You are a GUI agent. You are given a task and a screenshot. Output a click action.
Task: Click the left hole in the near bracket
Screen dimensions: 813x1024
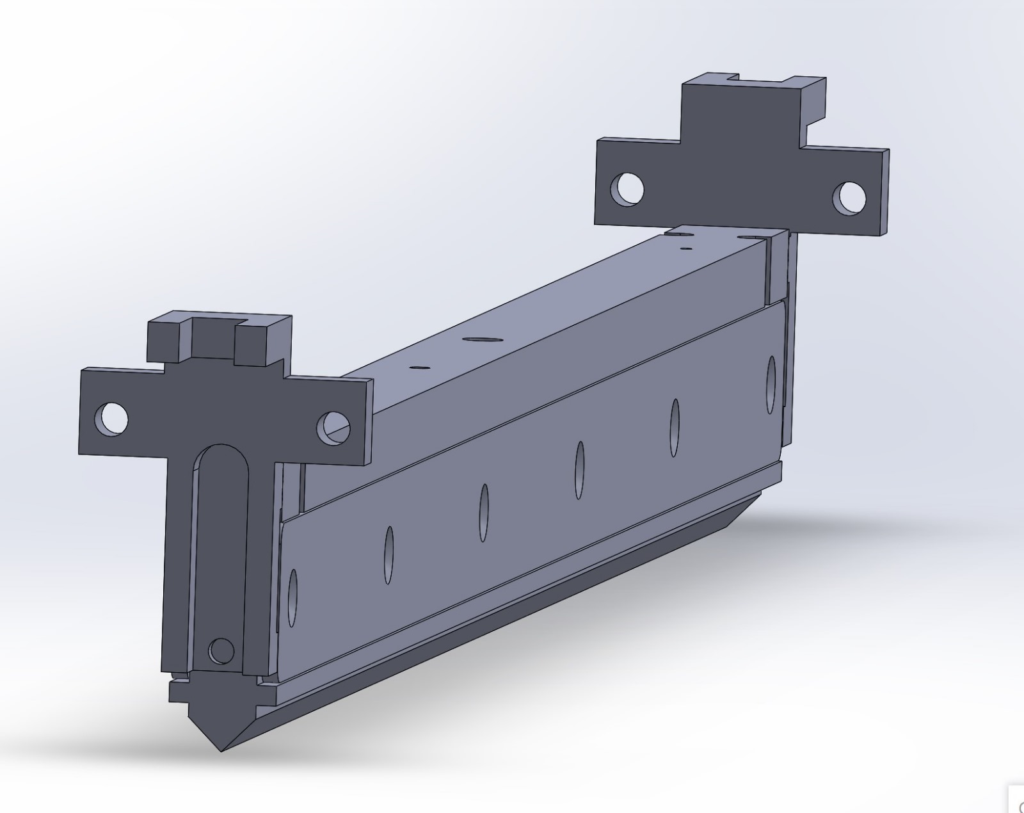(x=111, y=419)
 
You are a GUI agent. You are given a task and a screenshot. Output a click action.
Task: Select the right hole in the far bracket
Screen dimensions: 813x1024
(x=849, y=197)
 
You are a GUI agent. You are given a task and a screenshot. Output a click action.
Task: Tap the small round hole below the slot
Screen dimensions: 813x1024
(x=221, y=651)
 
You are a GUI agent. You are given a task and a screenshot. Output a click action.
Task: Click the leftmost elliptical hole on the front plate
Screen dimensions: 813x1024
(x=292, y=597)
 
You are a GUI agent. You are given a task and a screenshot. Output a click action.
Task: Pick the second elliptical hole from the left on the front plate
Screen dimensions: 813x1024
(x=388, y=554)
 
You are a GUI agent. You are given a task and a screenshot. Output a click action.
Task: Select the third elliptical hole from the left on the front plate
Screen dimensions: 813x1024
(x=484, y=512)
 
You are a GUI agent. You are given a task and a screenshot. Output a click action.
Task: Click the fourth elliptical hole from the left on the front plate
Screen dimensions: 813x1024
(x=580, y=469)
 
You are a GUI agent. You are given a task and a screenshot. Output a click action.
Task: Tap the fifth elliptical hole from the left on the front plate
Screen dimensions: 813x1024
(x=675, y=427)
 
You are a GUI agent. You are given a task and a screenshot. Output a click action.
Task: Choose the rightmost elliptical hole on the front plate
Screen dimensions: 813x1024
(x=771, y=384)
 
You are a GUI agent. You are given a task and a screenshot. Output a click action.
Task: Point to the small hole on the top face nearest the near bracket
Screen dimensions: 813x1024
(x=420, y=368)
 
